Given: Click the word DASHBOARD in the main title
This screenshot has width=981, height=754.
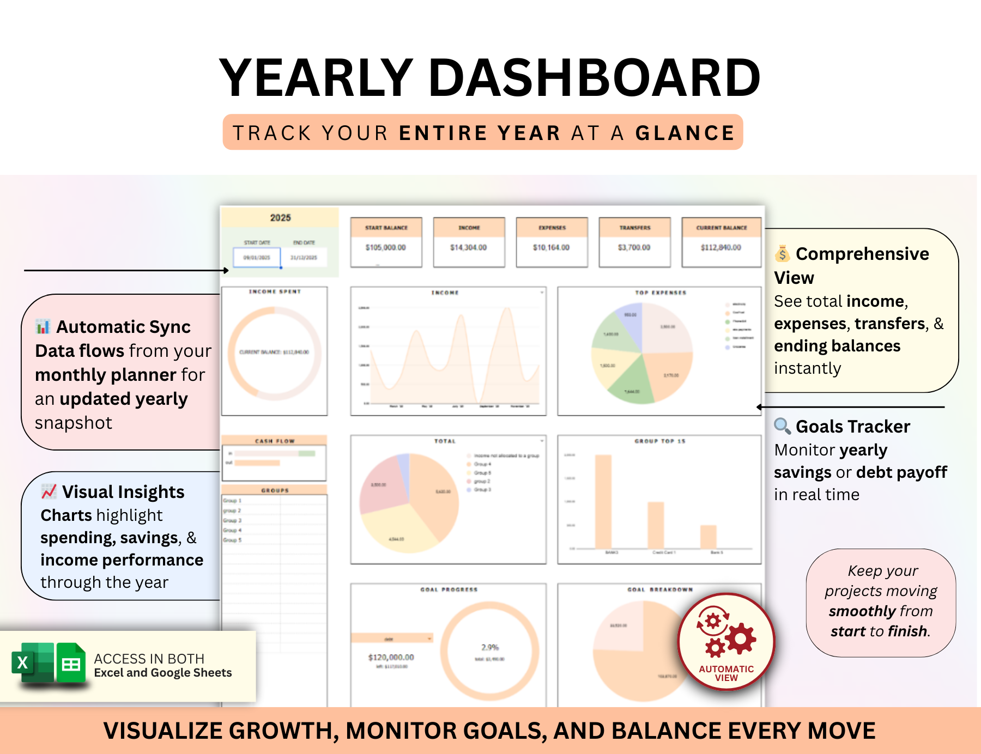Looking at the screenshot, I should (x=594, y=78).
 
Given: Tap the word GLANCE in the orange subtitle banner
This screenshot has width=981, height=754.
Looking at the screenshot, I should (x=685, y=133).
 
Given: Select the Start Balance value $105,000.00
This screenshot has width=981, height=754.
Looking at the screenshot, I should (x=386, y=247).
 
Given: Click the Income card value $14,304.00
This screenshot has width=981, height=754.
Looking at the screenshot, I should (x=469, y=247).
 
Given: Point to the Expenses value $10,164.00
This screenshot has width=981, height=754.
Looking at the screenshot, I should (x=552, y=247).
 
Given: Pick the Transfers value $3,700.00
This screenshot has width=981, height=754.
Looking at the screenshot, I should (x=634, y=247).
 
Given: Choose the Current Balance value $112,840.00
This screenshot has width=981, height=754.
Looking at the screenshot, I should (x=721, y=247).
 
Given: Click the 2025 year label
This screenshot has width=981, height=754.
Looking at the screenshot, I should (x=281, y=217).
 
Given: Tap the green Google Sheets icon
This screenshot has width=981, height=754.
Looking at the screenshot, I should (x=71, y=663).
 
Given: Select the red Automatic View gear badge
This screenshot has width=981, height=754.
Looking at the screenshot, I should (x=726, y=641).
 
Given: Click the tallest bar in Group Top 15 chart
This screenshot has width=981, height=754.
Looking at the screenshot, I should (x=603, y=501).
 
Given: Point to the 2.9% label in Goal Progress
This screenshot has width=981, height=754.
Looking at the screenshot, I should (x=490, y=647).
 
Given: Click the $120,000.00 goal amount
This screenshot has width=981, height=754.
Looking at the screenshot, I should (x=391, y=657).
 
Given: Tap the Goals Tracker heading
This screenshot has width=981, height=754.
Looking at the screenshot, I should (x=852, y=427).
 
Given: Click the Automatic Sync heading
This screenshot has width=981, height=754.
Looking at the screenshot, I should (x=123, y=327).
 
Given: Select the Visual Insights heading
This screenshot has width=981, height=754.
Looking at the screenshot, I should (x=123, y=492).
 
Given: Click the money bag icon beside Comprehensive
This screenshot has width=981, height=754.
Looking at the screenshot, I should (x=782, y=254).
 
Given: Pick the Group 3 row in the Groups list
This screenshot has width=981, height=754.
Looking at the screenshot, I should (x=233, y=520).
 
